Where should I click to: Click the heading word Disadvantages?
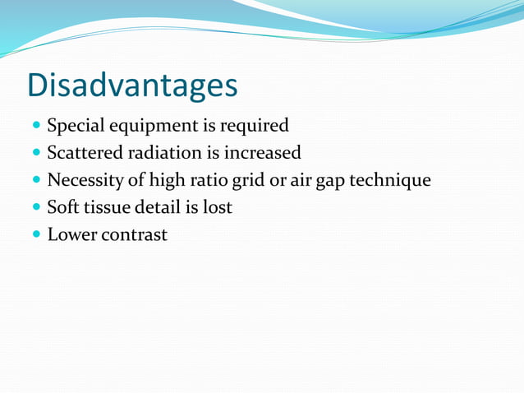[132, 85]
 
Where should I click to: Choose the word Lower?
[71, 234]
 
